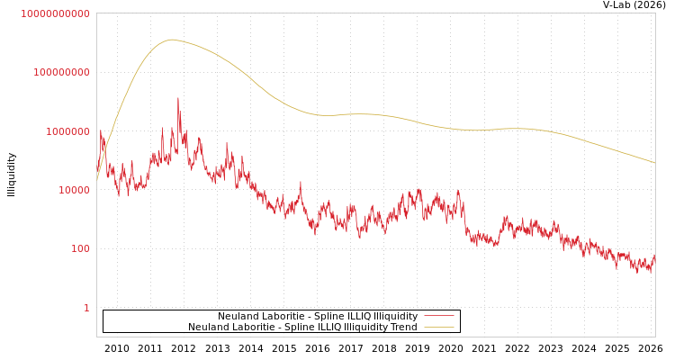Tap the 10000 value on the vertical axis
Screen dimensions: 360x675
73,190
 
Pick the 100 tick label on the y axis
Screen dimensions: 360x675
80,248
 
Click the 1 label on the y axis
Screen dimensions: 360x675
86,308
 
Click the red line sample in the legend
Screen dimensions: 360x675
438,316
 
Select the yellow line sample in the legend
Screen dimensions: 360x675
438,327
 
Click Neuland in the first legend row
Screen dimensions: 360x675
237,316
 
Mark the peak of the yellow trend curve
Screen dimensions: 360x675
172,40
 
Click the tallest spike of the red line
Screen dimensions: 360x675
178,98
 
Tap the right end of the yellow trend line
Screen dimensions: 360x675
654,162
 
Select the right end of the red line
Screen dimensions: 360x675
654,256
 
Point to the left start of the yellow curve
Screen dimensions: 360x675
97,180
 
